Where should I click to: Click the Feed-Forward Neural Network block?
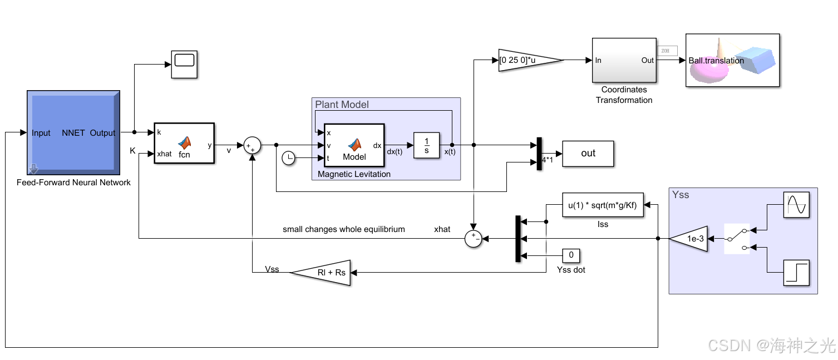(73, 132)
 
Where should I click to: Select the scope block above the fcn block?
(184, 64)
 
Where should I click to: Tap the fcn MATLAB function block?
(184, 143)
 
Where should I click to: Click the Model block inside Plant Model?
(354, 145)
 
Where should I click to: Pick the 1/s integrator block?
(427, 145)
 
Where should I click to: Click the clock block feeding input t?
(288, 159)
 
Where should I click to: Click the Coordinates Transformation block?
(624, 60)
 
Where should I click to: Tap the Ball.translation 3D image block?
(732, 60)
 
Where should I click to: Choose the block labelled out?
(588, 154)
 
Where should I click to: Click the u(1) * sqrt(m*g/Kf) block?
(603, 205)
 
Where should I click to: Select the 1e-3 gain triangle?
(691, 239)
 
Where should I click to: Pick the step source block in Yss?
(796, 273)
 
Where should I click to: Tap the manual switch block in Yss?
(736, 239)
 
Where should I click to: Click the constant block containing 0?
(571, 255)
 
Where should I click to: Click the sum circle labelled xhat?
(473, 239)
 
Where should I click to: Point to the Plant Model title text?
(342, 105)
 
